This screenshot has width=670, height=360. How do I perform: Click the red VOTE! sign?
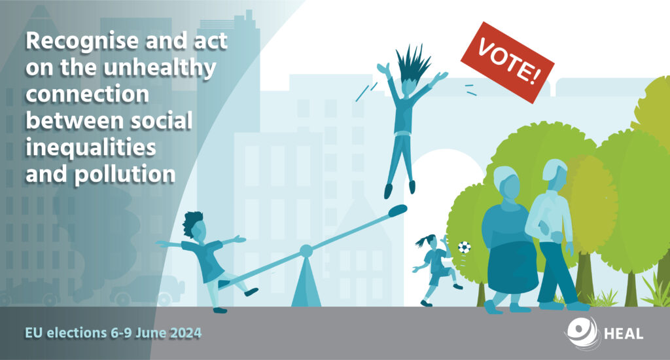click(507, 62)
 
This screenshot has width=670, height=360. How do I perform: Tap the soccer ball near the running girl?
click(464, 247)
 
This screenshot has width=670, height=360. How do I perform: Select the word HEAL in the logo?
click(624, 334)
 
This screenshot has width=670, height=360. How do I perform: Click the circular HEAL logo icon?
click(582, 332)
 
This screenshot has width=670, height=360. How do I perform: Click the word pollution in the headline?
click(125, 175)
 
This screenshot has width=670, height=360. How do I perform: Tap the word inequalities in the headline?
click(90, 148)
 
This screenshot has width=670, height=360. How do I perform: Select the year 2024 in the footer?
click(186, 333)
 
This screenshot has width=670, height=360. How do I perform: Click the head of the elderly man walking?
click(555, 175)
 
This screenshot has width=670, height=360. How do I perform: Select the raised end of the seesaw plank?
click(397, 210)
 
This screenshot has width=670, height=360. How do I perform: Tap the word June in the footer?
click(151, 333)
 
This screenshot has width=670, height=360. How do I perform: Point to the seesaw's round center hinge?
click(306, 251)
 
